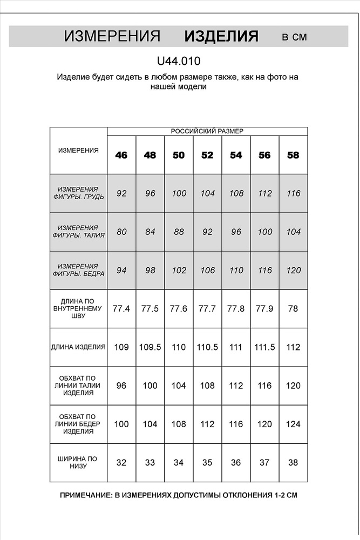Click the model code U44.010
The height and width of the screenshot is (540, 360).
pos(179,62)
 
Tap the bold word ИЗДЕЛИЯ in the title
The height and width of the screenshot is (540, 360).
pos(221,36)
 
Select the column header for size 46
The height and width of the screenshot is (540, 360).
pos(121,155)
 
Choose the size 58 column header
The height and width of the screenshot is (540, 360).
pos(293,155)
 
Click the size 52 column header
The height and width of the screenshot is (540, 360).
pos(207,155)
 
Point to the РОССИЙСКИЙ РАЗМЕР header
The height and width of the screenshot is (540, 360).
pos(207,131)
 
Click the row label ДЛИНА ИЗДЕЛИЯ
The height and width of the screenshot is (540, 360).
pos(79,347)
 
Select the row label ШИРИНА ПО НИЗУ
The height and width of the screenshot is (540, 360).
pos(79,463)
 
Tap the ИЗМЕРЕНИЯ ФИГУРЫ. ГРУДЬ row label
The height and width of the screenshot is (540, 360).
pos(79,193)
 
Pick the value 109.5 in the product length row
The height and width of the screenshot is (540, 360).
pos(150,347)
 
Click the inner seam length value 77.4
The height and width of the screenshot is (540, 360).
pos(121,309)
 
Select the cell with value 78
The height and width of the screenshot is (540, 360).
pos(293,309)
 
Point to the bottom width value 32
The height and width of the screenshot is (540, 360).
pos(121,463)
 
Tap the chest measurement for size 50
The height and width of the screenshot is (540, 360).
pos(179,193)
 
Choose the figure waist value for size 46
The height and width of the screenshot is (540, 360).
pos(121,232)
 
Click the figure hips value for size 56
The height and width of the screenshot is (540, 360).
pos(264,271)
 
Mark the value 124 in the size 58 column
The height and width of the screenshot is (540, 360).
pos(293,424)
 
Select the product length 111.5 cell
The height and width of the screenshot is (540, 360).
pos(264,347)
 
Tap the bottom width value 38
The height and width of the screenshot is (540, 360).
pos(293,463)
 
